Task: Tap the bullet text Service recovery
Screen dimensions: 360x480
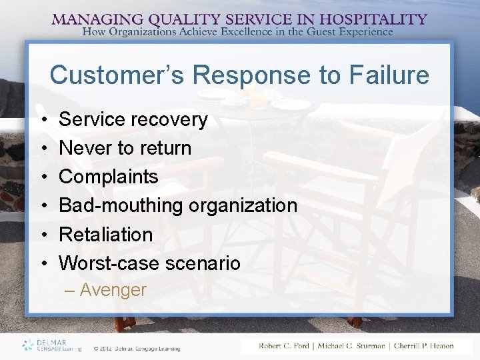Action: (x=133, y=119)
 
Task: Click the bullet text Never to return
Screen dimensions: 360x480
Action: (x=125, y=148)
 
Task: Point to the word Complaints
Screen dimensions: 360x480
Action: (x=109, y=177)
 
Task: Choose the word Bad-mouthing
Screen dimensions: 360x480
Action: (x=121, y=205)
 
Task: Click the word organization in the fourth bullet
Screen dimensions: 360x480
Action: (x=243, y=205)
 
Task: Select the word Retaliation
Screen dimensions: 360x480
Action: (x=106, y=235)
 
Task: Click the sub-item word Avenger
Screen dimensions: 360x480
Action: (x=113, y=290)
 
